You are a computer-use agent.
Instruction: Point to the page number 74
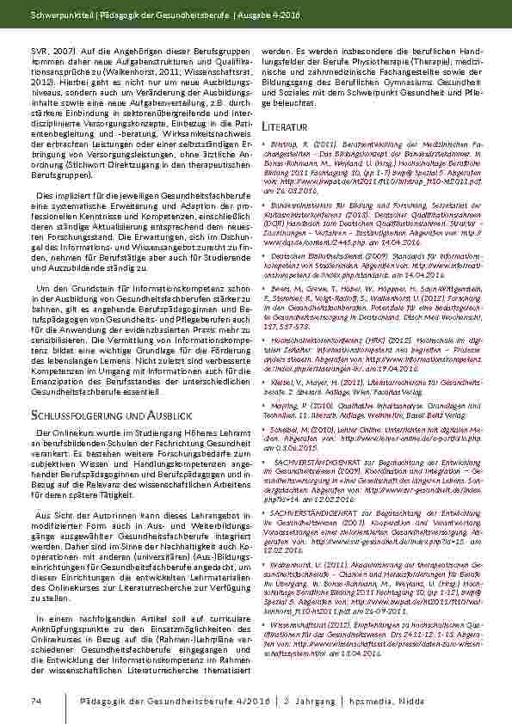(36, 703)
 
